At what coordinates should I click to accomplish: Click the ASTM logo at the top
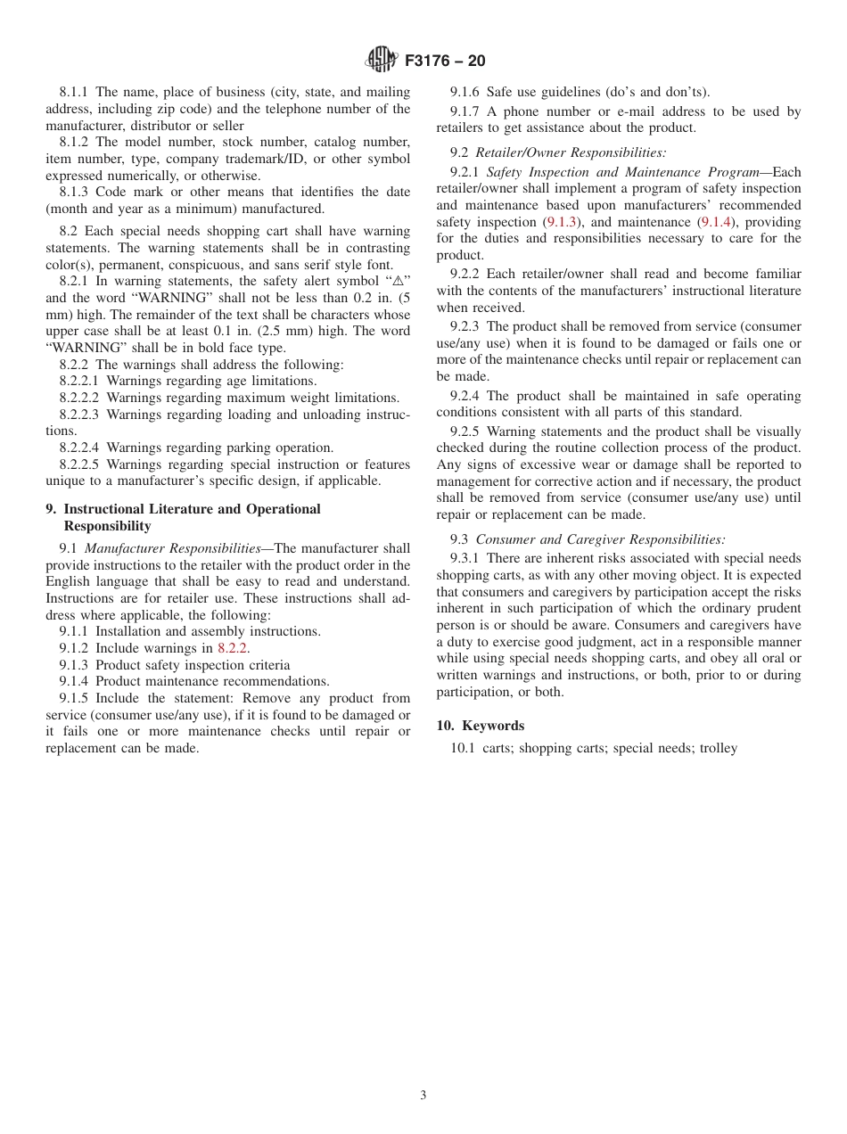tap(381, 61)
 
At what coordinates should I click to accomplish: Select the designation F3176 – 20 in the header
tap(445, 62)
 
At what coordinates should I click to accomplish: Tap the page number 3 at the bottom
tap(423, 1096)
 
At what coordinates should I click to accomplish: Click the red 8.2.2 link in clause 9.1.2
tap(233, 648)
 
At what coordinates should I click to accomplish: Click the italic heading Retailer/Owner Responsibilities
tap(570, 152)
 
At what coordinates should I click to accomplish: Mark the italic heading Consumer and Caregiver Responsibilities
tap(600, 539)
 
